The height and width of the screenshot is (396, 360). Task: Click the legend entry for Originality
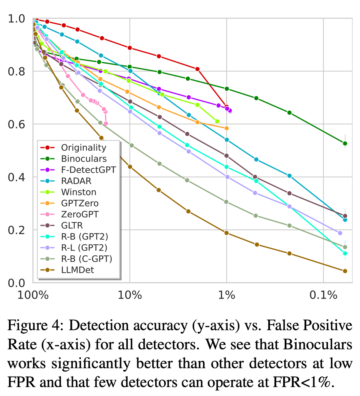point(83,148)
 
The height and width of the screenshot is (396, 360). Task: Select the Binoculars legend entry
point(84,159)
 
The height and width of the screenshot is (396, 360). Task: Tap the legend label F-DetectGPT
point(88,170)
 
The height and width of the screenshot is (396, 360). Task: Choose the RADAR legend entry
point(76,181)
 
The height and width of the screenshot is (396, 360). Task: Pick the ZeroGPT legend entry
point(79,214)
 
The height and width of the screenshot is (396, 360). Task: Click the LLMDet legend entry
point(77,270)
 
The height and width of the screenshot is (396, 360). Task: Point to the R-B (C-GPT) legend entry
point(86,259)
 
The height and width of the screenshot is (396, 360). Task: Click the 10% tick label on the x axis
point(130,296)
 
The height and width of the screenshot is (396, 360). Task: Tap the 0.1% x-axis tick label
point(323,296)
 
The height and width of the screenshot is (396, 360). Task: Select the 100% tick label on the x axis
point(33,296)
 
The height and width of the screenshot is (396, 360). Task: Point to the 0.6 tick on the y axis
point(16,124)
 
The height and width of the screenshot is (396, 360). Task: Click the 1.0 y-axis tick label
point(16,19)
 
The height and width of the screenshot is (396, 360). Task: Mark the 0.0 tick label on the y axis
point(16,283)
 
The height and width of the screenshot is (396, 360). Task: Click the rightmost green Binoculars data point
point(345,143)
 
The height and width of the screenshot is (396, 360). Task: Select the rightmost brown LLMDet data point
point(345,271)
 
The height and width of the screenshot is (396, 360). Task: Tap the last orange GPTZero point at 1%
point(226,128)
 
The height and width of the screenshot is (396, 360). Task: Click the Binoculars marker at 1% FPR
point(227,89)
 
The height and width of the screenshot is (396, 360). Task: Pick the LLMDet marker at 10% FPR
point(130,167)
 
